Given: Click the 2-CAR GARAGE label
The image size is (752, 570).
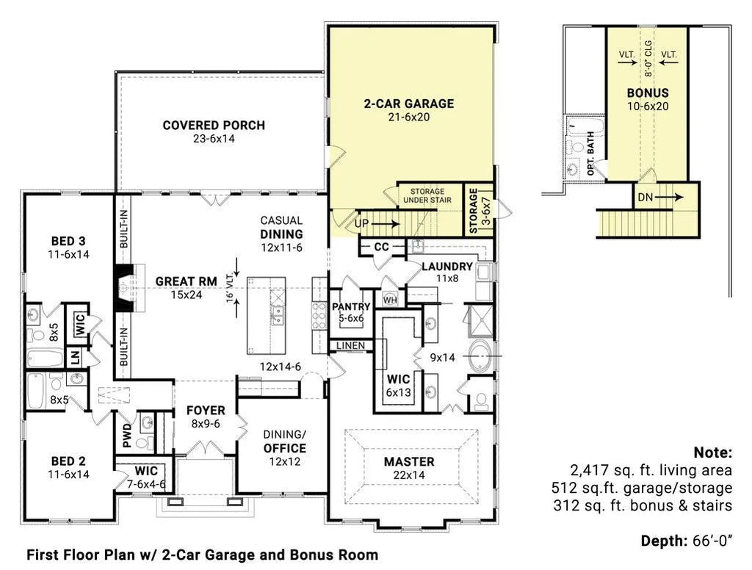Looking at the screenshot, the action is tap(408, 104).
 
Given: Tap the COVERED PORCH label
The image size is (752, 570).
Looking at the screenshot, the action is tap(214, 125).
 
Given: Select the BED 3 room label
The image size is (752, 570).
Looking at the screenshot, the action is tap(68, 241).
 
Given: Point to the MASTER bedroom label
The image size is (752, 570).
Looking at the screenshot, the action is tap(409, 461).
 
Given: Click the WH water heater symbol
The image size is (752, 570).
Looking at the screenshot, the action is tap(391, 300).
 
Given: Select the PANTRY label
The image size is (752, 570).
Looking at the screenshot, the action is tap(351, 306).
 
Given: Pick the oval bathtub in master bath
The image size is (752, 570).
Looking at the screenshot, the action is tap(480, 356).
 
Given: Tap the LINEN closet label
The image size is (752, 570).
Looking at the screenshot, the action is tap(350, 345).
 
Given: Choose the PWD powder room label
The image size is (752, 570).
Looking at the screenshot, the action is tap(127, 435).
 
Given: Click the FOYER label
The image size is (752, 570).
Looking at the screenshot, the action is tap(206, 411).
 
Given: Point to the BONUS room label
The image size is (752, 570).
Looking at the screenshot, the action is tap(648, 93).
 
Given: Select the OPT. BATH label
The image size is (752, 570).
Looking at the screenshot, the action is tap(590, 154).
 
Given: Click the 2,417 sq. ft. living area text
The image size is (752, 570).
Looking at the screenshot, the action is tap(651, 470).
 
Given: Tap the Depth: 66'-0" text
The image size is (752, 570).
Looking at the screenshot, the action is tap(687, 541).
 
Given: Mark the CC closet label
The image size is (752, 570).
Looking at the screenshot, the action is tap(381, 247).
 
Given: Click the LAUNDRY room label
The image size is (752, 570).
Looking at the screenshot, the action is tap(447, 267).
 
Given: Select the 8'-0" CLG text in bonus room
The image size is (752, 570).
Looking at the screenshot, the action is tap(648, 59).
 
